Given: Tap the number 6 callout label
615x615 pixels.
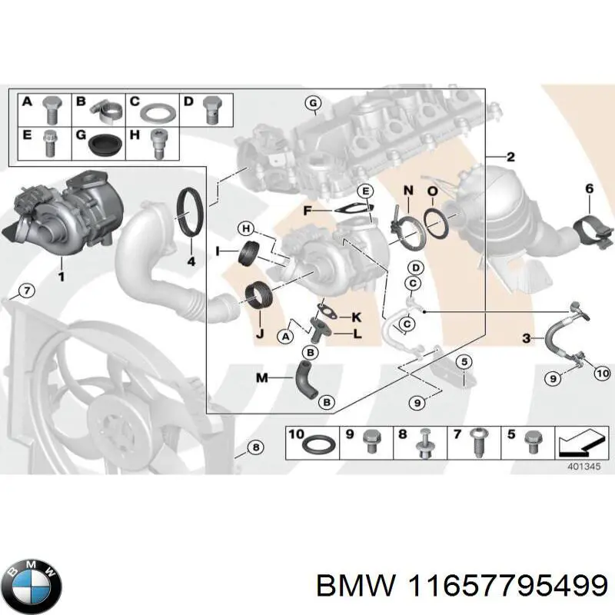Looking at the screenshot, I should pos(589,188).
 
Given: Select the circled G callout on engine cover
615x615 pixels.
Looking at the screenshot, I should pos(312,104).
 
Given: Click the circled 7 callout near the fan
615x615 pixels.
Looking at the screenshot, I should pos(25,291).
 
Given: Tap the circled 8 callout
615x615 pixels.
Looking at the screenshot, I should pos(256,447).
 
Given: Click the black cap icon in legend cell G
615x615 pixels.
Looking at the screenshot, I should pos(103,143).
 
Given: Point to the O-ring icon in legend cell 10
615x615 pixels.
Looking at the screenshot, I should pos(317,446).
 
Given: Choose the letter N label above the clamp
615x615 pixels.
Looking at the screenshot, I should pos(407,190).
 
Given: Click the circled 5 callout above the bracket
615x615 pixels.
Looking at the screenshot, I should pos(464,361).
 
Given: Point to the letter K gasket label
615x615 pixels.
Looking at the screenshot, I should pos(356,317).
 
